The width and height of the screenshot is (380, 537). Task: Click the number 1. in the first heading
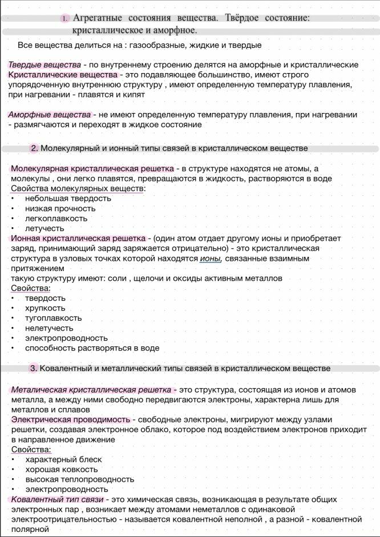pyautogui.click(x=64, y=19)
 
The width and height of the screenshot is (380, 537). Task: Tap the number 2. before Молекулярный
pyautogui.click(x=34, y=148)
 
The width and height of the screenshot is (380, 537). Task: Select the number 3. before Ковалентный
pyautogui.click(x=34, y=368)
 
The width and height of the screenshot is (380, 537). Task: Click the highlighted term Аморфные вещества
pyautogui.click(x=49, y=115)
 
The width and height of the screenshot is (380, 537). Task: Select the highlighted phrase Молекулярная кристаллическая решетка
pyautogui.click(x=92, y=169)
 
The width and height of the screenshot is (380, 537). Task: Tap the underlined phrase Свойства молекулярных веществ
pyautogui.click(x=77, y=188)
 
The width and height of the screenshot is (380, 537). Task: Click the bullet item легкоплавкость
pyautogui.click(x=56, y=218)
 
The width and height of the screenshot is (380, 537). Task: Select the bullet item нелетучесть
pyautogui.click(x=49, y=328)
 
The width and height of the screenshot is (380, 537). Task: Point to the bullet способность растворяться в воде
pyautogui.click(x=92, y=348)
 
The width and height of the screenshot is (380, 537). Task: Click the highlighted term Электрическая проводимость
pyautogui.click(x=71, y=419)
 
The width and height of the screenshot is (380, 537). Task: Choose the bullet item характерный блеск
pyautogui.click(x=63, y=459)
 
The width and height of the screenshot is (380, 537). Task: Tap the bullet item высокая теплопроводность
pyautogui.click(x=79, y=479)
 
